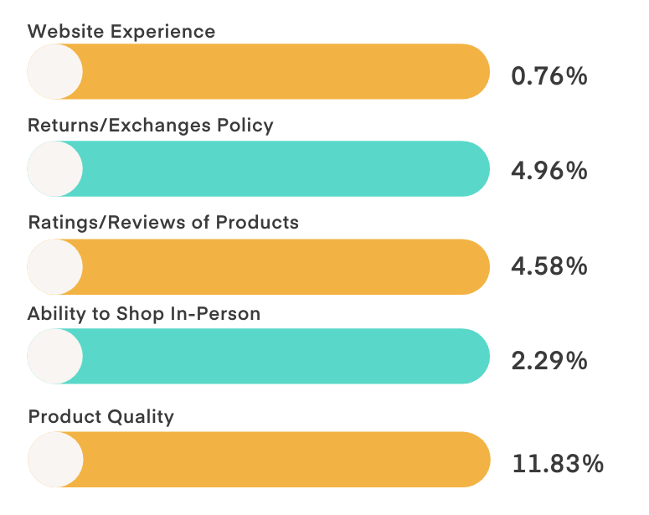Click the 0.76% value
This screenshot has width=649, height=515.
tap(549, 76)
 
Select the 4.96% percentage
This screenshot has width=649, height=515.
tap(549, 171)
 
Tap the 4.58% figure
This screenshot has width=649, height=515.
tap(549, 267)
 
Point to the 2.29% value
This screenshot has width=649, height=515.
tap(549, 362)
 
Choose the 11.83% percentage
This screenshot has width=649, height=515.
tap(557, 463)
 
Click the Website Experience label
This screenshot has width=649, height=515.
tap(121, 32)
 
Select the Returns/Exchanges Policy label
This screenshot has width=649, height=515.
tap(151, 126)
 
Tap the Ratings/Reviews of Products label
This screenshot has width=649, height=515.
tap(163, 223)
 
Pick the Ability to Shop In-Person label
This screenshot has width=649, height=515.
tap(144, 314)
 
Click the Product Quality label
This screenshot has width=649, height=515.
tap(101, 416)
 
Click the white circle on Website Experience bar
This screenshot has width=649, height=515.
tap(55, 72)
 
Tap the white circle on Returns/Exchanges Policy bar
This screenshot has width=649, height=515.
tap(55, 168)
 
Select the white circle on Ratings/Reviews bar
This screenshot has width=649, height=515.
tap(55, 266)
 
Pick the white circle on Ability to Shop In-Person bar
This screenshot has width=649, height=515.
tap(55, 356)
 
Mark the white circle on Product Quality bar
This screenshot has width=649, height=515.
tap(55, 460)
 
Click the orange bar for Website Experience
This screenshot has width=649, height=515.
tap(285, 72)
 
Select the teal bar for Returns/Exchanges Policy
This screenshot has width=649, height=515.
tap(285, 168)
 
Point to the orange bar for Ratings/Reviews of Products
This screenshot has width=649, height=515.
tap(285, 266)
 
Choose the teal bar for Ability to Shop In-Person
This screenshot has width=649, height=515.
tap(285, 356)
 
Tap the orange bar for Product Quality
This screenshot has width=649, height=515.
tap(285, 460)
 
